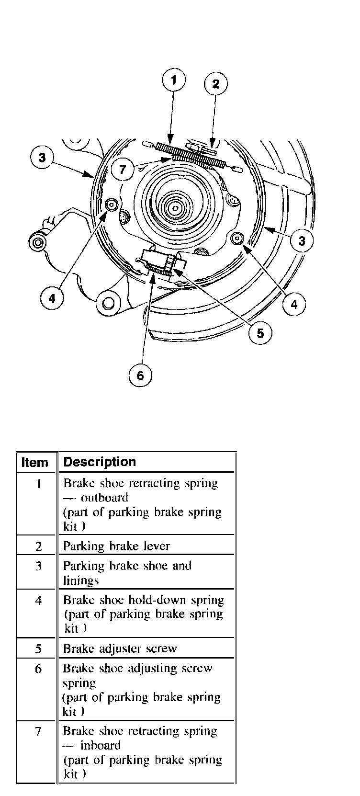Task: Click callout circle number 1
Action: click(174, 80)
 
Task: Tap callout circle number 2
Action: click(215, 84)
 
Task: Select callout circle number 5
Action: click(260, 333)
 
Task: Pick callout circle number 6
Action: click(140, 375)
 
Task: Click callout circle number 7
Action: click(123, 169)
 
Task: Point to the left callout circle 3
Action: click(43, 158)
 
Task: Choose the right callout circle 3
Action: click(302, 240)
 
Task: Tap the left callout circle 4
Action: click(52, 299)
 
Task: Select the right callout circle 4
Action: click(294, 304)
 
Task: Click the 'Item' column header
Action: click(35, 463)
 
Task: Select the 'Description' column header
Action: click(100, 462)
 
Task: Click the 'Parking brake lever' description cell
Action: click(116, 546)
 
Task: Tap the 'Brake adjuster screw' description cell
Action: click(120, 648)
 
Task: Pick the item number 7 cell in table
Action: click(38, 732)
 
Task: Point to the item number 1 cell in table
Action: click(38, 484)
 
